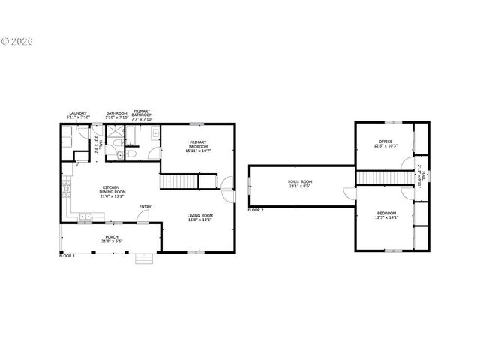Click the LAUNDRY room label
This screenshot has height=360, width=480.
pyautogui.click(x=77, y=116)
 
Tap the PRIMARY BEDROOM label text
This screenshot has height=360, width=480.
pyautogui.click(x=198, y=147)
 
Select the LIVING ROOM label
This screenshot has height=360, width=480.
pyautogui.click(x=199, y=217)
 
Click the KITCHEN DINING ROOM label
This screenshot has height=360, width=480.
pyautogui.click(x=112, y=190)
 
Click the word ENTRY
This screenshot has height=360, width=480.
pyautogui.click(x=145, y=207)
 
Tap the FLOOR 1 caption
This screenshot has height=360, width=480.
pyautogui.click(x=67, y=256)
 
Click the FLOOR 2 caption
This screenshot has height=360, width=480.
pyautogui.click(x=256, y=210)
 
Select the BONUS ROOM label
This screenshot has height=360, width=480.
pyautogui.click(x=300, y=184)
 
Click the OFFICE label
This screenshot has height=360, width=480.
pyautogui.click(x=385, y=143)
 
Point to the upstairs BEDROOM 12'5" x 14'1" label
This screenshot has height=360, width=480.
pyautogui.click(x=385, y=216)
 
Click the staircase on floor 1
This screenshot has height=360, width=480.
pyautogui.click(x=178, y=181)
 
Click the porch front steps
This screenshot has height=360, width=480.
pyautogui.click(x=143, y=259)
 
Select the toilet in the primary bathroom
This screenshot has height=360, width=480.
pyautogui.click(x=129, y=153)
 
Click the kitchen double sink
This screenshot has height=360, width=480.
pyautogui.click(x=86, y=217)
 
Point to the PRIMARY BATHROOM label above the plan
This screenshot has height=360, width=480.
pyautogui.click(x=142, y=116)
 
